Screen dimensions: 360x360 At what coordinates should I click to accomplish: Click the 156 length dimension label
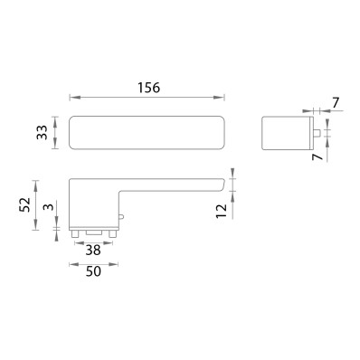(148, 88)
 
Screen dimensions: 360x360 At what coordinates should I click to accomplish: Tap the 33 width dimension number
(42, 132)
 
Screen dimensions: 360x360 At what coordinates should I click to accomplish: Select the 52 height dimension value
(24, 204)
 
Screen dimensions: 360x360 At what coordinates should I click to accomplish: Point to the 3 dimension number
(50, 207)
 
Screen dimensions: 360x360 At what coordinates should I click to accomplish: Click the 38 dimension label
(93, 250)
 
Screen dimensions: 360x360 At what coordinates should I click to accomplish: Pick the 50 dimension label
(93, 271)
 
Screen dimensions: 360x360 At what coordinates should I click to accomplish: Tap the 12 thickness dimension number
(221, 211)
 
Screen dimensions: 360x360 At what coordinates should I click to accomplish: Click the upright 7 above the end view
(336, 103)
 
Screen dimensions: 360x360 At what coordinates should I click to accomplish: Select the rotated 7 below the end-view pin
(317, 156)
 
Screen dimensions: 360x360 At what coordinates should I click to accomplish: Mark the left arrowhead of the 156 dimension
(73, 98)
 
